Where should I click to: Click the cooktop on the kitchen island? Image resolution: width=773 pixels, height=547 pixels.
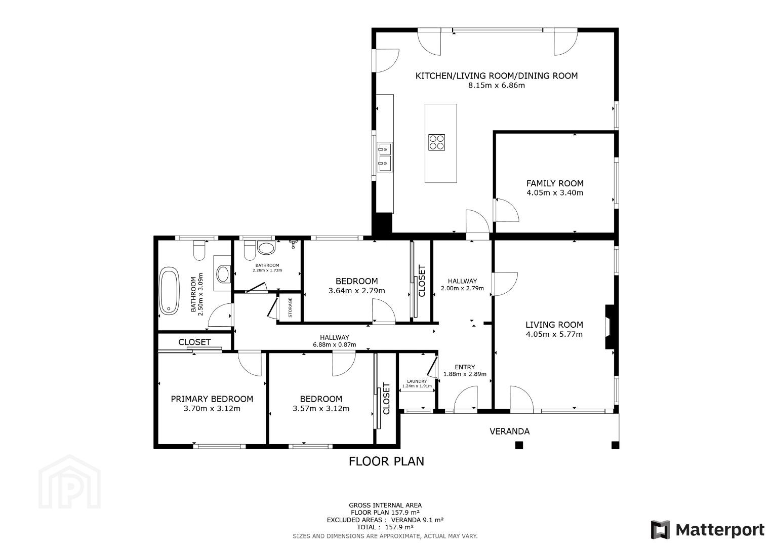pos(436,142)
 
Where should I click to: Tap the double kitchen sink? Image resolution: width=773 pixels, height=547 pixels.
pos(384,157)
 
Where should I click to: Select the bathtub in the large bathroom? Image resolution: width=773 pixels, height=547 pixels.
pos(169,291)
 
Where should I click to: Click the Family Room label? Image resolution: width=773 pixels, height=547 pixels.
pos(555,183)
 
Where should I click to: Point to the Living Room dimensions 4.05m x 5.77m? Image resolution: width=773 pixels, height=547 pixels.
pos(554,334)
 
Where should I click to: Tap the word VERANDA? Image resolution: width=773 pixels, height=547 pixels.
pos(510,432)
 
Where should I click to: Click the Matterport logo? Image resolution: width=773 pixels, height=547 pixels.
pos(708,530)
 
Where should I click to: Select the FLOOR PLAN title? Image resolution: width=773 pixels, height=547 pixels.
pos(387,461)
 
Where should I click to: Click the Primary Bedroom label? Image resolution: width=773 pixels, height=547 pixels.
pos(212,399)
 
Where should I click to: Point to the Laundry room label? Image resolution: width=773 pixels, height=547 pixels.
pos(417,381)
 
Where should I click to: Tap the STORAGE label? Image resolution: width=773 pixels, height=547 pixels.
pos(290,307)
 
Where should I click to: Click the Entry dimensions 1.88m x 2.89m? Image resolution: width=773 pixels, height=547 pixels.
pos(465,374)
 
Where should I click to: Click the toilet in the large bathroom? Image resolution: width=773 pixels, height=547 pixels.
pos(199,250)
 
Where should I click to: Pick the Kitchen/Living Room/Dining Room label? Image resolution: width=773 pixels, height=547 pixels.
pos(497,76)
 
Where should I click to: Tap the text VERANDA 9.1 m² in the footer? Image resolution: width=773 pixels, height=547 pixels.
pos(417,520)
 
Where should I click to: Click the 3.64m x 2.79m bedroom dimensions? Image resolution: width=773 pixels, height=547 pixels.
pos(357,291)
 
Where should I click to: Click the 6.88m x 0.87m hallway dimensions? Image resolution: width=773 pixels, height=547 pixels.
pos(335,344)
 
